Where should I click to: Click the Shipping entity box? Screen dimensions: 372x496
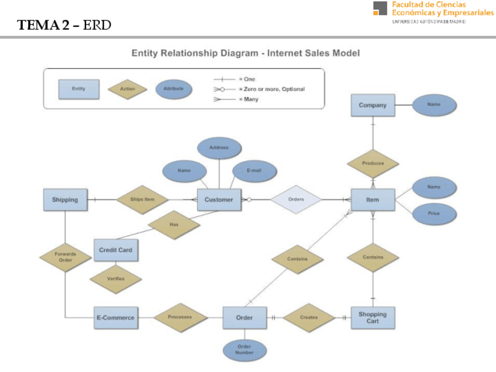[x=65, y=199]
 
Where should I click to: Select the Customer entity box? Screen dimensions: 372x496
[x=219, y=199]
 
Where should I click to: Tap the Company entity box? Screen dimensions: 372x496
[x=373, y=105]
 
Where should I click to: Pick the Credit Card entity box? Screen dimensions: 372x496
[x=116, y=250]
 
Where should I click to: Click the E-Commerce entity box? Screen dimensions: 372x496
[x=116, y=318]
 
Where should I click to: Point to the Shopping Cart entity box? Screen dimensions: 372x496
[x=373, y=318]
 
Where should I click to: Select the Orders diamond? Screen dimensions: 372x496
[x=296, y=199]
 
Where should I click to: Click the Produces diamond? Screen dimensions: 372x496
[x=373, y=163]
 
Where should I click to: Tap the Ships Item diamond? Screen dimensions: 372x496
[x=143, y=199]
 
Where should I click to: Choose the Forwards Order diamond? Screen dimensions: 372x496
[x=66, y=257]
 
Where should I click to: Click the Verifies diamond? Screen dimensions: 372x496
[x=116, y=278]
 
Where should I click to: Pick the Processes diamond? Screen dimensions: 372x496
[x=180, y=318]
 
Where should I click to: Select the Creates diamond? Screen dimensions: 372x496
[x=309, y=318]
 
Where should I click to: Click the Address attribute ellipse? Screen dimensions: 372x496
[x=219, y=147]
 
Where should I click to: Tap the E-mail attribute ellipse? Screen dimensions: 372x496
[x=254, y=170]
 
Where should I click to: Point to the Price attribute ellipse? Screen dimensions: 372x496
[x=433, y=213]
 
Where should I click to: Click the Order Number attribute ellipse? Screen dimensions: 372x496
[x=244, y=350]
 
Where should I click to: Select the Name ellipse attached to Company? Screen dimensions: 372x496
[x=433, y=105]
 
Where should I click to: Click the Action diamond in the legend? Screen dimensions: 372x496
[x=128, y=89]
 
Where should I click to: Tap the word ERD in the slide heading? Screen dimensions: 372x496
[x=98, y=25]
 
